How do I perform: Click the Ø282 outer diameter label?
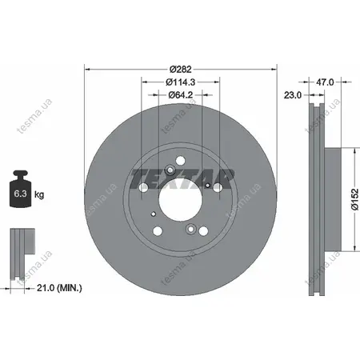point(181,70)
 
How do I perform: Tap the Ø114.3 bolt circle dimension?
point(181,82)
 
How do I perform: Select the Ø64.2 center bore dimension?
point(181,94)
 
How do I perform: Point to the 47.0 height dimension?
point(325,82)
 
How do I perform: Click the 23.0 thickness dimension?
point(293,94)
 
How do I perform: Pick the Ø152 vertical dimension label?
point(355,199)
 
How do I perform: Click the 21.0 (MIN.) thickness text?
point(59,288)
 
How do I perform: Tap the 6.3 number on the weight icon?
point(20,194)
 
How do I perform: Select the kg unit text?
point(39,195)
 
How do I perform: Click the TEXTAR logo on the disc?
point(182,178)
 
